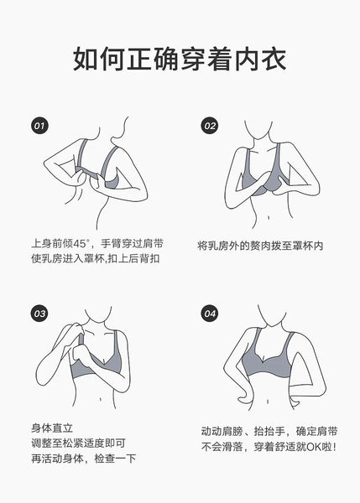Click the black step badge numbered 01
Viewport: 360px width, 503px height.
pyautogui.click(x=39, y=125)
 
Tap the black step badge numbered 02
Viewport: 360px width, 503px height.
pyautogui.click(x=210, y=125)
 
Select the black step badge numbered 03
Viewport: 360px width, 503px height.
pyautogui.click(x=39, y=313)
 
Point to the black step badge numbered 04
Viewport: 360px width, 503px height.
pyautogui.click(x=210, y=313)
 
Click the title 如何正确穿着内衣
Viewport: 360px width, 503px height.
pyautogui.click(x=180, y=60)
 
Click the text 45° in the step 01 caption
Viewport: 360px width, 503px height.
pyautogui.click(x=81, y=243)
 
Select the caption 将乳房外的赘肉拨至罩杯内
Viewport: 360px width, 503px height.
pyautogui.click(x=260, y=246)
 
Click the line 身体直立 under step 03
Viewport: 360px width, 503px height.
pyautogui.click(x=52, y=428)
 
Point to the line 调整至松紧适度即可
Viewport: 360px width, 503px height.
pyautogui.click(x=78, y=443)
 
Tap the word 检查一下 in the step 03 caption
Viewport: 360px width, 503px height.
pyautogui.click(x=115, y=459)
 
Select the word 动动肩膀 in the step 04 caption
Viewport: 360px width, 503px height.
pyautogui.click(x=222, y=432)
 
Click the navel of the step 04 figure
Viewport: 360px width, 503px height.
pyautogui.click(x=268, y=402)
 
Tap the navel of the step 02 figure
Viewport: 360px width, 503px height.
pyautogui.click(x=269, y=218)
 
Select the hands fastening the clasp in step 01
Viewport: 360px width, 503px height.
pyautogui.click(x=87, y=179)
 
